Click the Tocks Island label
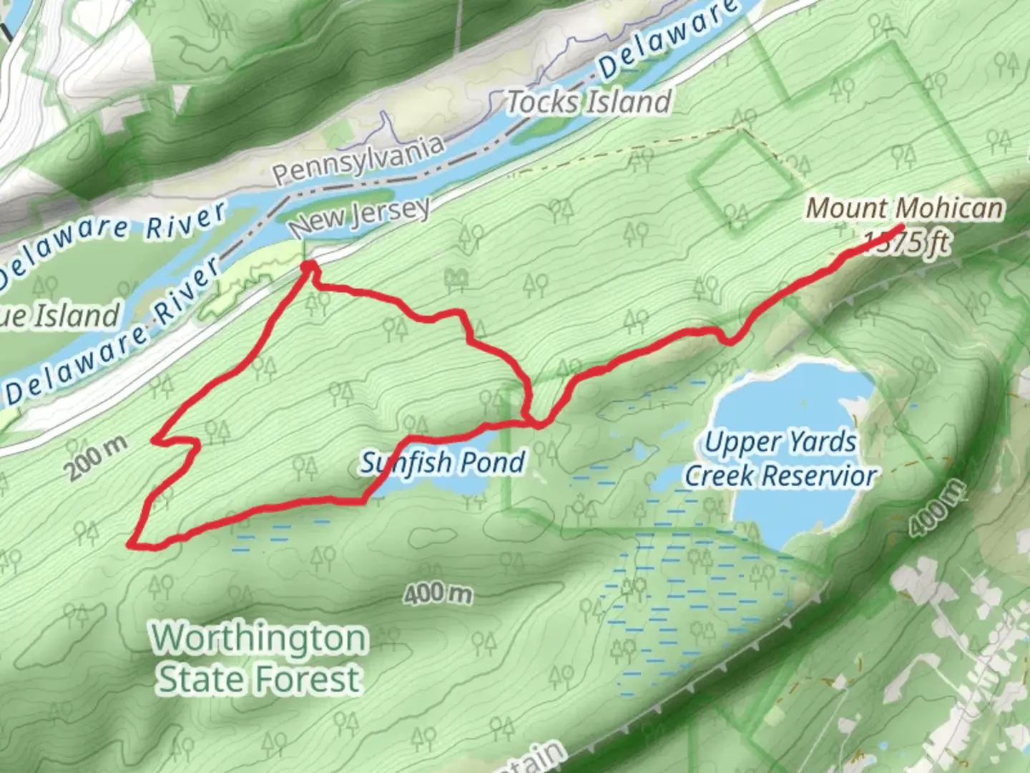[x=589, y=102]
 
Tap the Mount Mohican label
[x=904, y=208]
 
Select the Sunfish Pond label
[x=443, y=463]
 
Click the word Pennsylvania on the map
[x=358, y=160]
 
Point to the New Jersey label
[x=360, y=216]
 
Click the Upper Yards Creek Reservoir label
[x=780, y=459]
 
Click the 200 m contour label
[x=97, y=457]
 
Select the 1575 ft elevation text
[x=907, y=243]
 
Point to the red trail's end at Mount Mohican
[x=900, y=228]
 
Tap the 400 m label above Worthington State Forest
[x=438, y=593]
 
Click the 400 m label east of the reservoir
[x=937, y=507]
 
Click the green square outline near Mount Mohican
[x=745, y=182]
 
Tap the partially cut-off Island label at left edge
[x=60, y=316]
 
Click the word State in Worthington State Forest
[x=202, y=679]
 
